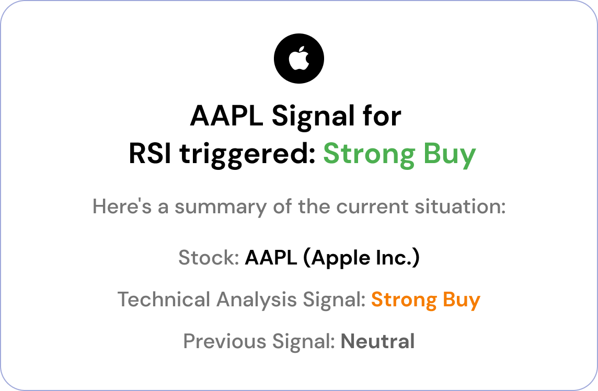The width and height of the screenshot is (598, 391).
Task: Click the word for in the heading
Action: (384, 116)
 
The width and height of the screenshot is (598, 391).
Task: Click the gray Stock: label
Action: (209, 258)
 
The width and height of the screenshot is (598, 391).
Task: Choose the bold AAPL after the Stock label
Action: (271, 258)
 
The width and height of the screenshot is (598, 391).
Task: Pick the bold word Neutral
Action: (377, 341)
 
